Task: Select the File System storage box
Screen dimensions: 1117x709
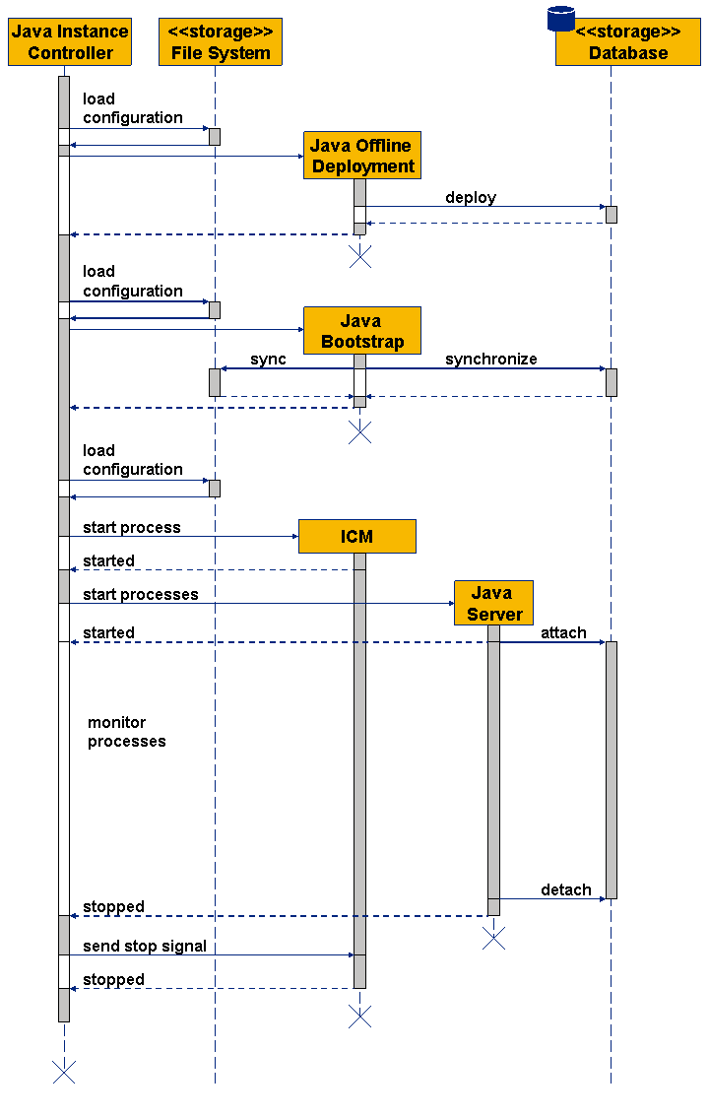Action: [221, 42]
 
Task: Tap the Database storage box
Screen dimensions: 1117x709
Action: [628, 43]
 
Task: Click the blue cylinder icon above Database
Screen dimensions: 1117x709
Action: [561, 18]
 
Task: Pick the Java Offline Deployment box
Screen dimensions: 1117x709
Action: [362, 156]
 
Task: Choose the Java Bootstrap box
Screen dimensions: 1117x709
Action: [362, 331]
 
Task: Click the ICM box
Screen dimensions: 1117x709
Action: [356, 536]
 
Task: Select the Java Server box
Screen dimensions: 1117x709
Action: [493, 603]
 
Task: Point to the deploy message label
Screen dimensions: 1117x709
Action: [471, 197]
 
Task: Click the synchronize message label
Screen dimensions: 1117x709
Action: [490, 359]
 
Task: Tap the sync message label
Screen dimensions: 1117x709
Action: [268, 359]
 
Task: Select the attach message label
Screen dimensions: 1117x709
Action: [563, 632]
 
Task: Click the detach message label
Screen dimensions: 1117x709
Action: [566, 889]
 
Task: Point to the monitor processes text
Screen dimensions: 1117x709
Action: [126, 732]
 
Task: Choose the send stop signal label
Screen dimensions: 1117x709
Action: [144, 946]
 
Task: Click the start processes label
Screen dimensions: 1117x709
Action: [140, 594]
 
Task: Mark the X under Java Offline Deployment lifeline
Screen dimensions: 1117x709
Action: [360, 256]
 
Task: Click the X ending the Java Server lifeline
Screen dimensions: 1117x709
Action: [493, 939]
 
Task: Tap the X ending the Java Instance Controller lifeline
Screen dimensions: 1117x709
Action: [64, 1072]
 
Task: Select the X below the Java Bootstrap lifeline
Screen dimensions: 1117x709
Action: [360, 431]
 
